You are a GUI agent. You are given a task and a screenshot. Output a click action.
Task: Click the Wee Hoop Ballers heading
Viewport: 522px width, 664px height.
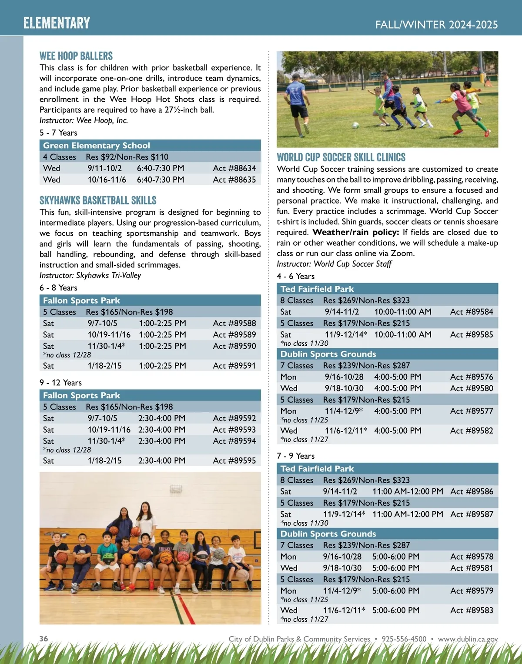76,56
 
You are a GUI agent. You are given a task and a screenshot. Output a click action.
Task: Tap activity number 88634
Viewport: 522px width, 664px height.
234,168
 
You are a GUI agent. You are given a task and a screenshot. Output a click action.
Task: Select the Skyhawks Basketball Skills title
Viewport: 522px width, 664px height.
98,200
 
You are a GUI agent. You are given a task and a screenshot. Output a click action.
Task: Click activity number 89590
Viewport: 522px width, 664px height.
234,346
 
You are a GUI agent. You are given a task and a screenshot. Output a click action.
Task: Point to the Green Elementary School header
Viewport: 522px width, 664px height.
97,146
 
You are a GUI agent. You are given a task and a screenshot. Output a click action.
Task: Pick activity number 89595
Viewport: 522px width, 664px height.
234,460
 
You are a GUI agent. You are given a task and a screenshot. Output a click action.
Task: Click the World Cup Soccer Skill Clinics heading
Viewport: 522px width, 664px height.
341,157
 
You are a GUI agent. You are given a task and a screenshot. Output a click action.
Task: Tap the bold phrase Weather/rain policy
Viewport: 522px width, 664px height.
355,232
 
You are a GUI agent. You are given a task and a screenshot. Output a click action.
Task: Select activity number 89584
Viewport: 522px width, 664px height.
472,312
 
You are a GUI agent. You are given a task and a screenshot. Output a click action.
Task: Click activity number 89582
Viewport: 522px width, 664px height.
472,430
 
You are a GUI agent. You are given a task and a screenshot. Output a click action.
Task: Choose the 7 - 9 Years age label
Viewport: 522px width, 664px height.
296,456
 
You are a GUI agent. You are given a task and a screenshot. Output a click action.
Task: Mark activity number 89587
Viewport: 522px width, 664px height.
472,514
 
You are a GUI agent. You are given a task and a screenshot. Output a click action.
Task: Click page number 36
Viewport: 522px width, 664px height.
44,639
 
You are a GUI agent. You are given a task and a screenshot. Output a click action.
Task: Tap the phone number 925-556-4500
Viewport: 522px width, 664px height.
404,639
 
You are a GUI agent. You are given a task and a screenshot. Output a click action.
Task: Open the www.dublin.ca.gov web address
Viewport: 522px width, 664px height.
468,639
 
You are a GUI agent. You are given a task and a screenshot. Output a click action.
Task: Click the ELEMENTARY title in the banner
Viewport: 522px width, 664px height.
57,23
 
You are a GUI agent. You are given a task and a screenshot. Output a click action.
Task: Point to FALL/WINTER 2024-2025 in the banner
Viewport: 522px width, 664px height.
436,24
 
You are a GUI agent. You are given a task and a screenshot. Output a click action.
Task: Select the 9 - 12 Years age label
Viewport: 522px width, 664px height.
60,383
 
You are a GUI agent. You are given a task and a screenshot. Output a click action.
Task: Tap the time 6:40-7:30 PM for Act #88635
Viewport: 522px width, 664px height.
161,180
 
